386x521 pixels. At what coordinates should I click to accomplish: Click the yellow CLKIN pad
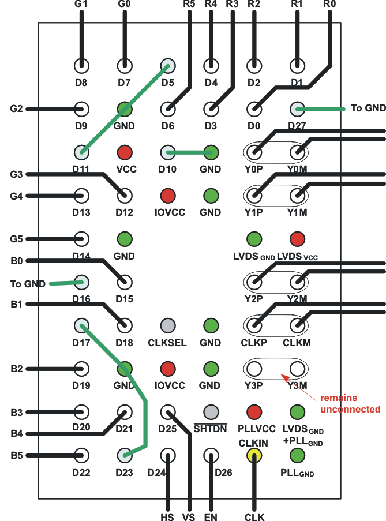point(254,455)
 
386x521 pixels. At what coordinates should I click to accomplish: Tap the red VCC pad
point(124,152)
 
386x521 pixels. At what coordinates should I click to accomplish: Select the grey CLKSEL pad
point(168,325)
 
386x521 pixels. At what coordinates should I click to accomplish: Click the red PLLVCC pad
point(254,412)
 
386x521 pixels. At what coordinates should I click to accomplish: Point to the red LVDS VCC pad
point(297,238)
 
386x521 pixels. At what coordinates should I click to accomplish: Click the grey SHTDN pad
point(211,412)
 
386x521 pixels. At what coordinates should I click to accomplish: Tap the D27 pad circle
point(297,108)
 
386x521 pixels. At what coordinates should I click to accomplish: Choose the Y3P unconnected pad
point(254,368)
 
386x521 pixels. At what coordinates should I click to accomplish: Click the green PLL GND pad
point(297,455)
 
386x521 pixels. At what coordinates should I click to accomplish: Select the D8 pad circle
point(81,65)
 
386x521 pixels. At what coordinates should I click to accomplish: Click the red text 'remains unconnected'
point(350,403)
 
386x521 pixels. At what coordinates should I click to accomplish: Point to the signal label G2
point(17,108)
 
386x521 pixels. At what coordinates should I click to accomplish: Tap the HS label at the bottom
point(167,517)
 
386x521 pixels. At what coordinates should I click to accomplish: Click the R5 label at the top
point(189,5)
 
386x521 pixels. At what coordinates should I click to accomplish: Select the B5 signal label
point(17,455)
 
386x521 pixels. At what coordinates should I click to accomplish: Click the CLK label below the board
point(254,517)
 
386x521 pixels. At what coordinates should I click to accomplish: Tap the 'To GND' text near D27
point(365,108)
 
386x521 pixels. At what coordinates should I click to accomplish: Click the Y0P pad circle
point(254,152)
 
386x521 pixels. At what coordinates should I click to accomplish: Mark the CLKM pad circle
point(297,325)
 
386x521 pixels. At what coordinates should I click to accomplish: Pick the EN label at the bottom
point(211,517)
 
